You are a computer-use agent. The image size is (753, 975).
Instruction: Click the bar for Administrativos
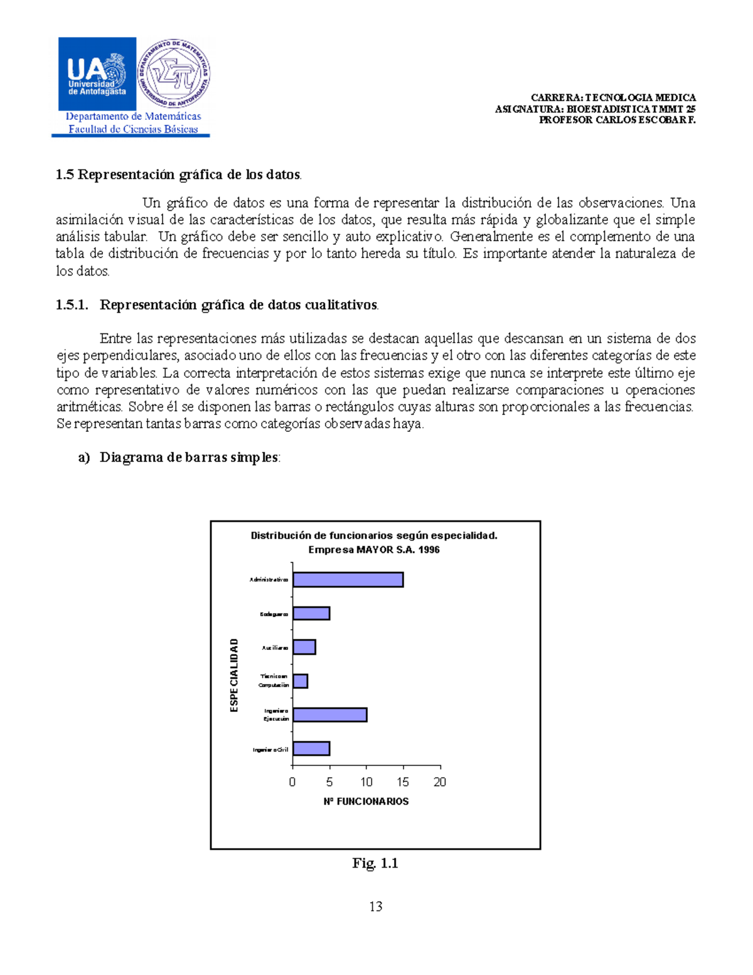[348, 579]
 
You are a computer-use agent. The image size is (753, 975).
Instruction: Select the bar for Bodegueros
[311, 613]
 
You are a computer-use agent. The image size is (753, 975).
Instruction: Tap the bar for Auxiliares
[304, 647]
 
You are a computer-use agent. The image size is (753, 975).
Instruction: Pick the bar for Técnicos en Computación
[300, 681]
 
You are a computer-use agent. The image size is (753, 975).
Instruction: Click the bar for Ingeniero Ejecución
[329, 714]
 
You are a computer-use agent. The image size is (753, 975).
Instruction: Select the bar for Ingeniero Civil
[311, 748]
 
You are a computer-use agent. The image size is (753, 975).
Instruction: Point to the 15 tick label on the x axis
[403, 782]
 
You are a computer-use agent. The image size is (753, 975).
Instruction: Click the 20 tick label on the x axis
[440, 782]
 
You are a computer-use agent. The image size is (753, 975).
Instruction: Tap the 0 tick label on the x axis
[292, 782]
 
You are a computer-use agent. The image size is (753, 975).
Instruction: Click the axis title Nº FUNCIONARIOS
[366, 802]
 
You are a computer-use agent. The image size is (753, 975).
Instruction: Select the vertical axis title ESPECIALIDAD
[234, 675]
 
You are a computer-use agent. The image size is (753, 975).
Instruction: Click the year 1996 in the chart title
[429, 550]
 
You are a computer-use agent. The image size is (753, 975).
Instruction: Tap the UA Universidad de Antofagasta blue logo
[97, 74]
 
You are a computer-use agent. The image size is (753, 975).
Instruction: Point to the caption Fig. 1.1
[375, 863]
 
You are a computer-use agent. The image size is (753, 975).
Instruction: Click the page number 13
[376, 907]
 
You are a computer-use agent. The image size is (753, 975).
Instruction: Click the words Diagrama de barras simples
[188, 458]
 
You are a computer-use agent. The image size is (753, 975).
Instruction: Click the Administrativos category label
[269, 579]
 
